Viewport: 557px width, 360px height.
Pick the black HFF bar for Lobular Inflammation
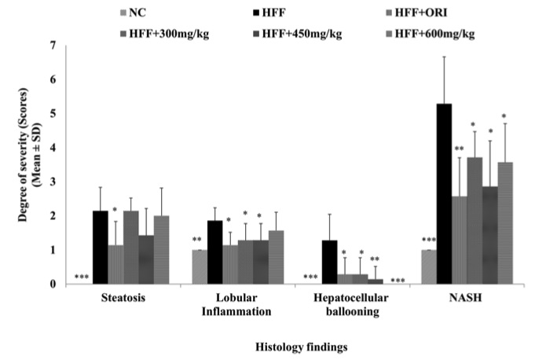pos(215,252)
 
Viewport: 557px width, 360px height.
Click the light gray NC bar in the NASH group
pos(427,266)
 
